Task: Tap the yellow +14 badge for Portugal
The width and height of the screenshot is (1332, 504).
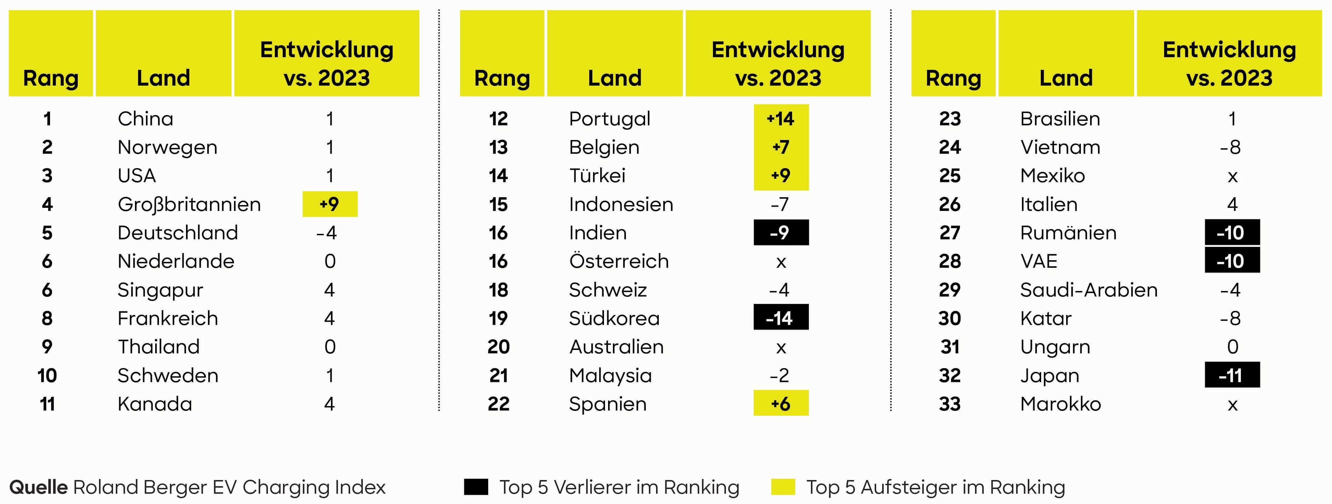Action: click(x=781, y=119)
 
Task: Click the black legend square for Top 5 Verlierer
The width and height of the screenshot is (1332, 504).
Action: click(x=476, y=487)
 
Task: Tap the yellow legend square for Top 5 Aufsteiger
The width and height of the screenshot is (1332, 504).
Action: click(x=783, y=487)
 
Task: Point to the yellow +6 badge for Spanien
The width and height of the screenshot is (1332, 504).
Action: click(x=781, y=404)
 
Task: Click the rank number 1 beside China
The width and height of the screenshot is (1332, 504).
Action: click(x=47, y=119)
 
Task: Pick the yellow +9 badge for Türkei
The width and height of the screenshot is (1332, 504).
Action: click(x=781, y=176)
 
